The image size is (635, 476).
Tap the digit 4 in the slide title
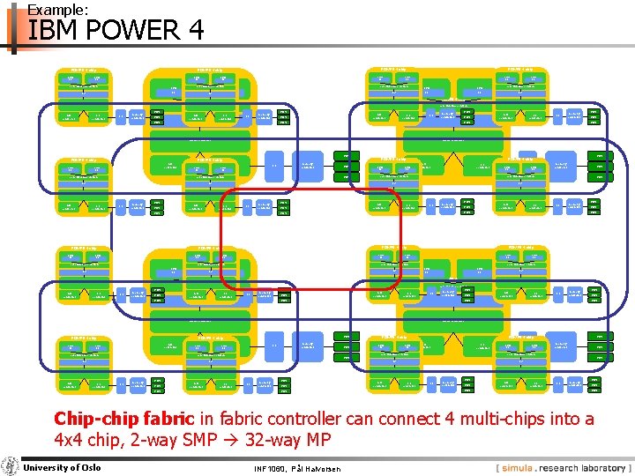tap(195, 32)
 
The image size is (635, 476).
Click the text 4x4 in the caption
tap(71, 440)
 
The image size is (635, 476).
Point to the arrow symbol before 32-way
tap(250, 440)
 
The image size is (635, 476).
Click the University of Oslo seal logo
tap(10, 466)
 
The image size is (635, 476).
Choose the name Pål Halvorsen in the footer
tap(325, 468)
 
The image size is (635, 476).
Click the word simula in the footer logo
tap(526, 467)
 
